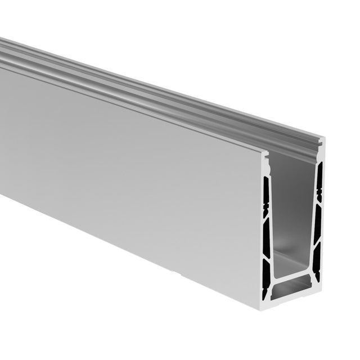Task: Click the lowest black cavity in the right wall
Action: click(316, 264)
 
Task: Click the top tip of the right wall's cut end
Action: click(321, 141)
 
